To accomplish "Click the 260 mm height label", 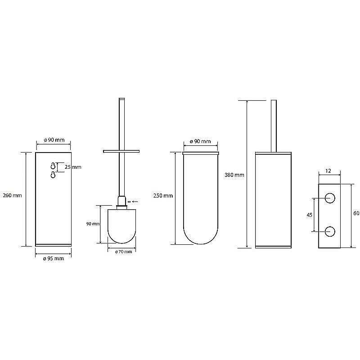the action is coord(13,195).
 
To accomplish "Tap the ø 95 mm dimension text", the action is coord(54,258).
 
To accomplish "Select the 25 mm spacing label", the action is coord(73,167).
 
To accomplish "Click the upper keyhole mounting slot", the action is coord(53,166).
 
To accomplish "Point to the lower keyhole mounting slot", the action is coord(53,175).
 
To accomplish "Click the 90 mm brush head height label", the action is coord(93,224).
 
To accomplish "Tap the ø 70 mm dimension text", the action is coord(123,252).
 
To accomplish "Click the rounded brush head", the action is coord(121,226).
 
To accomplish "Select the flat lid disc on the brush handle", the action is coord(121,151).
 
